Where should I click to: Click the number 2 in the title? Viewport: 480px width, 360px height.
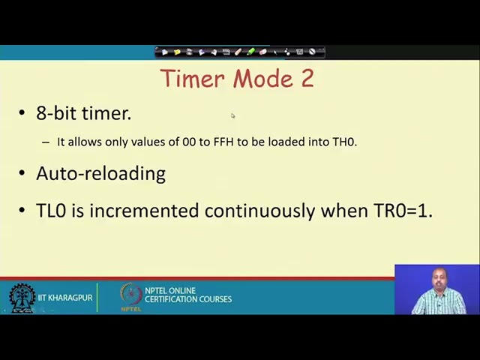click(307, 79)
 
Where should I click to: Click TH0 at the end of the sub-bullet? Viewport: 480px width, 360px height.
click(344, 142)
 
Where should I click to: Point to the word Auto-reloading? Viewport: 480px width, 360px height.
click(100, 173)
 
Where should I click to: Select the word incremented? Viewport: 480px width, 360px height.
click(144, 211)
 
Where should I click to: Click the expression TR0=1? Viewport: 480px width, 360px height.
click(403, 211)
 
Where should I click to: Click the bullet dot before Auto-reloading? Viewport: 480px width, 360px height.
click(22, 174)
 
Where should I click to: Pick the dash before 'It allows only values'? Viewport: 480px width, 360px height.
click(46, 142)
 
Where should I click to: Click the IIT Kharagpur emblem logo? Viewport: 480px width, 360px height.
click(22, 298)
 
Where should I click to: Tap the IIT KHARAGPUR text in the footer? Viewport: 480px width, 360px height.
click(65, 298)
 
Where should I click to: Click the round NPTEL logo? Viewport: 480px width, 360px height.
click(131, 296)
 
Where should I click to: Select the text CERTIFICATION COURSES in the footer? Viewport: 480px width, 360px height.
click(188, 300)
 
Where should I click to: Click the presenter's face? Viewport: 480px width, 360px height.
click(438, 280)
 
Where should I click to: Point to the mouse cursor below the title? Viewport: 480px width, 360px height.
click(232, 115)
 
